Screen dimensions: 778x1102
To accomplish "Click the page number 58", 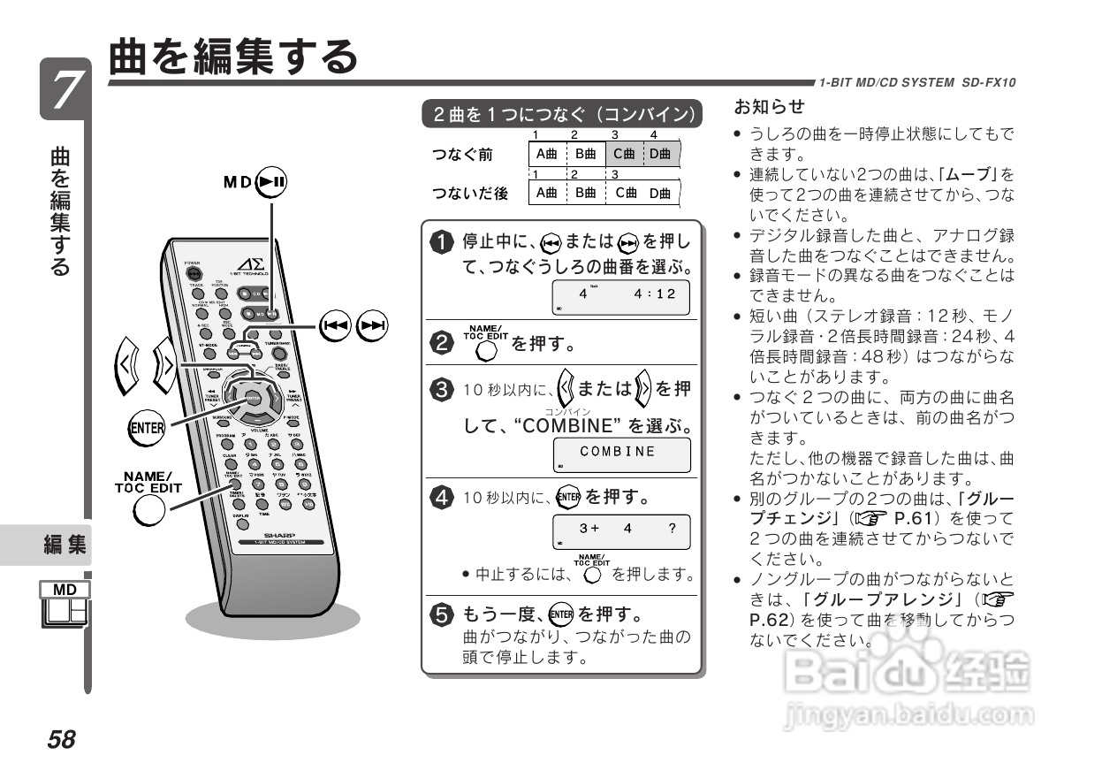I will [62, 739].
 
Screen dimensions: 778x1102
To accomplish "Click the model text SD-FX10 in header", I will [987, 82].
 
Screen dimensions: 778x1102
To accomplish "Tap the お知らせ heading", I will [769, 108].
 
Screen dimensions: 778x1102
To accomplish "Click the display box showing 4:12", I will [621, 296].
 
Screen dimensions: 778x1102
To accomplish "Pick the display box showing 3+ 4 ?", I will [621, 530].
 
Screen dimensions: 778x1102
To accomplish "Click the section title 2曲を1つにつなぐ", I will [562, 114].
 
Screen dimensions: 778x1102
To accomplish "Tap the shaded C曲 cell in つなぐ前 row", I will [624, 154].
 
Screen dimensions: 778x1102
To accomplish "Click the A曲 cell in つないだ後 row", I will [547, 193].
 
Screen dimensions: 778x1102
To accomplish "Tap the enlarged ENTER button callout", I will [147, 428].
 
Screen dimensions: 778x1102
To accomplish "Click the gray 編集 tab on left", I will [65, 545].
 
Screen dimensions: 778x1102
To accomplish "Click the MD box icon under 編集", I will [65, 605].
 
